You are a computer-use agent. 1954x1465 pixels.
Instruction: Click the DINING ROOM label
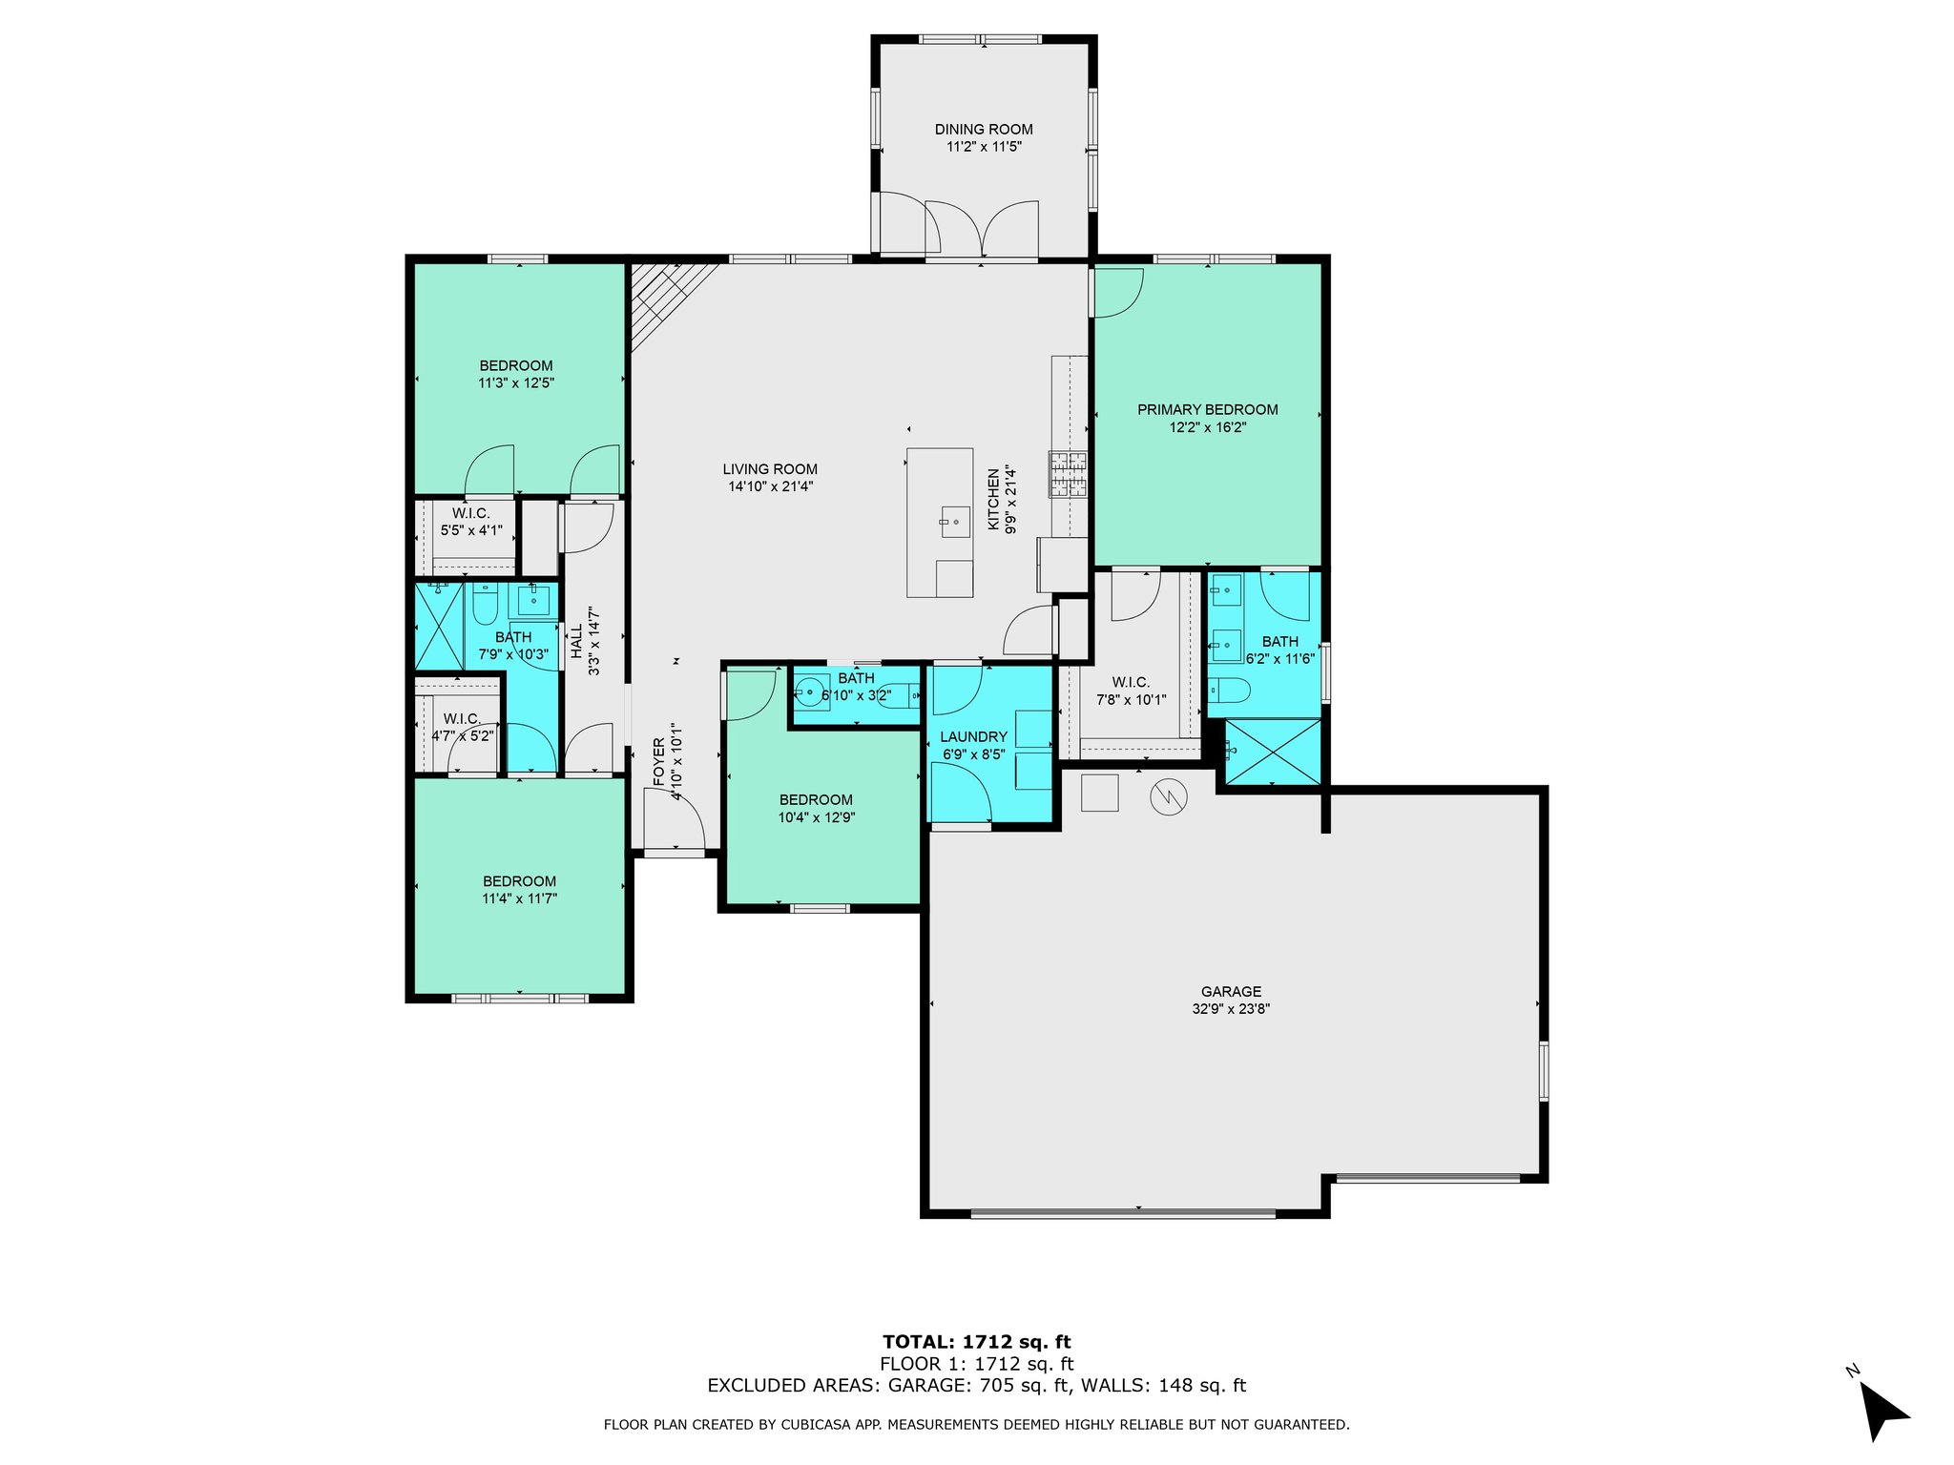tap(983, 130)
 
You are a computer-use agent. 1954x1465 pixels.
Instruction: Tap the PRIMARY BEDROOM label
tap(1207, 410)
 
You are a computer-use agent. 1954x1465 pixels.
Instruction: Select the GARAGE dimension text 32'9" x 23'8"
tap(1231, 1009)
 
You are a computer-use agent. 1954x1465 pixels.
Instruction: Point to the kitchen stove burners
tap(1069, 474)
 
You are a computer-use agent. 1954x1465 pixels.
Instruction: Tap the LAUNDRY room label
tap(973, 737)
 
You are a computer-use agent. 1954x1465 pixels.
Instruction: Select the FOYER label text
tap(658, 762)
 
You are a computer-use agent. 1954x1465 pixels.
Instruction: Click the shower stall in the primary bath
tap(1273, 752)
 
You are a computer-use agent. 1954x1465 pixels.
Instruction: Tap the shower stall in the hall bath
tap(439, 626)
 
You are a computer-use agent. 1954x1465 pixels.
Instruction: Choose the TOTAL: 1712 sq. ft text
tap(977, 1343)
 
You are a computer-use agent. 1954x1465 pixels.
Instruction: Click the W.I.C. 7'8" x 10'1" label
tap(1131, 691)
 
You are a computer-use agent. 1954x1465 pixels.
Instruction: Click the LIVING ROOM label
tap(770, 469)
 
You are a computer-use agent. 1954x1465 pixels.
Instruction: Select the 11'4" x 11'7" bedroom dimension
tap(519, 898)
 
